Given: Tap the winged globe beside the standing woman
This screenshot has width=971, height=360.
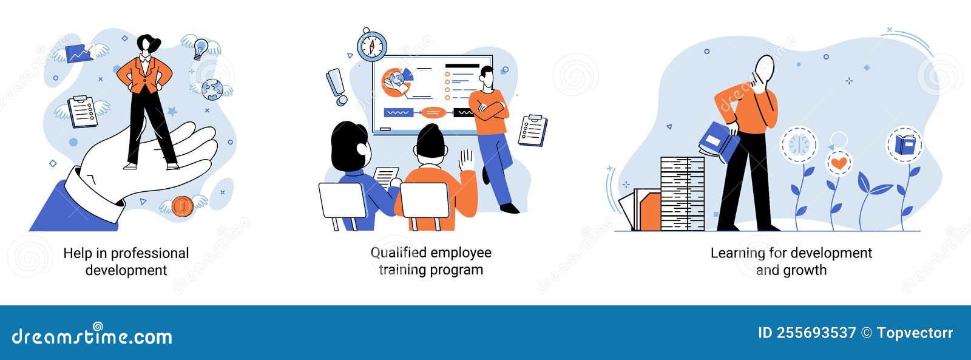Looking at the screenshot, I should [x=212, y=89].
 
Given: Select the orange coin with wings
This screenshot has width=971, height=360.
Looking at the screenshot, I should [x=182, y=206].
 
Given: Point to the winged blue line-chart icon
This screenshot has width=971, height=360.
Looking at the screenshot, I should [x=80, y=53].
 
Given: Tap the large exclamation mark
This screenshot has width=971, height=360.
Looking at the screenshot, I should [x=336, y=86].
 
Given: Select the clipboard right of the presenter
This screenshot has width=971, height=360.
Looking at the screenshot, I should [x=533, y=130].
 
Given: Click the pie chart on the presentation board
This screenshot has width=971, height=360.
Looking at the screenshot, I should [x=397, y=82].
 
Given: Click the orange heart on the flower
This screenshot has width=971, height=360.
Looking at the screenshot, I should [x=839, y=163].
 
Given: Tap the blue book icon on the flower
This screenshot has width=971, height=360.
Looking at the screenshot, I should [x=904, y=145].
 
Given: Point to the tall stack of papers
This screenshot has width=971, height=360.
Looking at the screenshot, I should [x=682, y=194].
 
